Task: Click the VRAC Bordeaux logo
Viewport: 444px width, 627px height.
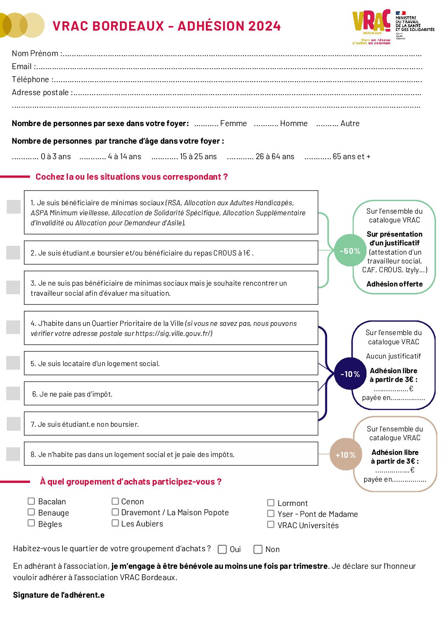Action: [x=371, y=25]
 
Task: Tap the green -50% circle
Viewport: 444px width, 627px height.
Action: [x=350, y=251]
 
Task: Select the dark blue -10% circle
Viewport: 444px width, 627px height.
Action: [x=350, y=374]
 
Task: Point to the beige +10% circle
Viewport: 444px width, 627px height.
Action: [x=345, y=454]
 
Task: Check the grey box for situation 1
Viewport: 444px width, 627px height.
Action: [x=14, y=206]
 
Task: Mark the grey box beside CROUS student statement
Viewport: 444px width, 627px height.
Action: [x=13, y=253]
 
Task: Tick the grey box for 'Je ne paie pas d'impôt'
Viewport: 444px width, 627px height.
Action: [x=13, y=393]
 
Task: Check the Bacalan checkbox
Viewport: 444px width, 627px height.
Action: [x=31, y=501]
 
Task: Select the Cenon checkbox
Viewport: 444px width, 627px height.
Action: [x=115, y=501]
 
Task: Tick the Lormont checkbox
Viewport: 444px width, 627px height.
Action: [x=271, y=503]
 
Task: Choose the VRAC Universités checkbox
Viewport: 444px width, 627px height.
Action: [x=271, y=524]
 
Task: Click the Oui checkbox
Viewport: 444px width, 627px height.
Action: [x=223, y=549]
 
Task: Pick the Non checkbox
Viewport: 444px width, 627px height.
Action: [x=258, y=549]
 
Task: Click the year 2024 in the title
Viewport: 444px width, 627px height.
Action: [x=264, y=26]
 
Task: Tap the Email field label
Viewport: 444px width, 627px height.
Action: [x=22, y=67]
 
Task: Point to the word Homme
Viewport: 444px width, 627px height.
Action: [x=293, y=124]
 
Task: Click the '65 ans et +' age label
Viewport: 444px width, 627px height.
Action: [x=351, y=157]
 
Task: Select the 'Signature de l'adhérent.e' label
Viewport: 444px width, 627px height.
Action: [x=59, y=595]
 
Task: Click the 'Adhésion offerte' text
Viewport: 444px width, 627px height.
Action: [x=395, y=284]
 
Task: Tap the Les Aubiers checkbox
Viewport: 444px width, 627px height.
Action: [x=115, y=523]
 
